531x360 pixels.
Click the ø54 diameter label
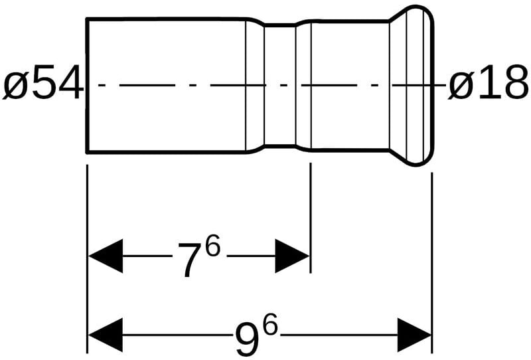coord(43,86)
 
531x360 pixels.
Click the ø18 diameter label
coord(489,86)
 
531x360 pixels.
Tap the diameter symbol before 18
coord(461,87)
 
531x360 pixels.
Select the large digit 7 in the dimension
coord(189,260)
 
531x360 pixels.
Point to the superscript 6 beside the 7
coord(212,248)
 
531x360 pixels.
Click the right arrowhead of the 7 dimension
coord(293,256)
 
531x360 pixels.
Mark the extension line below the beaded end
coord(431,219)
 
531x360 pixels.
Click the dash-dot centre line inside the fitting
coord(199,85)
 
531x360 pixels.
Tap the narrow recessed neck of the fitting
coord(279,85)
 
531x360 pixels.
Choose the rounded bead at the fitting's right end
coord(418,85)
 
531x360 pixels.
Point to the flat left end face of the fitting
coord(88,85)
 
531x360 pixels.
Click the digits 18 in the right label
coord(502,86)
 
